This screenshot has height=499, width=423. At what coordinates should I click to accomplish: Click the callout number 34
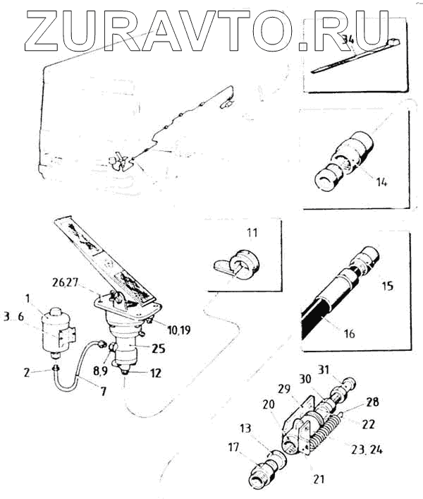(x=346, y=40)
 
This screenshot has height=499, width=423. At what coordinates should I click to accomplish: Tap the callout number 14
(x=381, y=181)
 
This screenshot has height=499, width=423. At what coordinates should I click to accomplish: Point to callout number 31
(x=343, y=369)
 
